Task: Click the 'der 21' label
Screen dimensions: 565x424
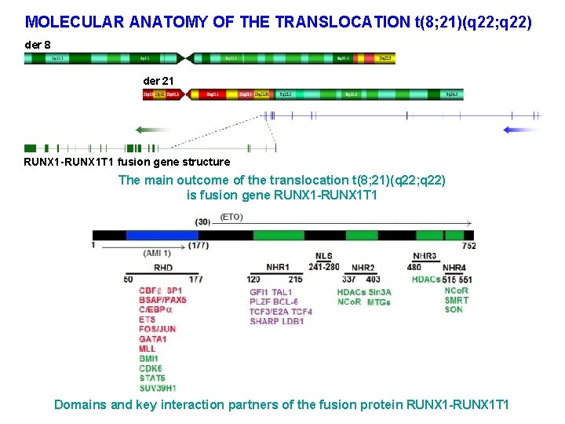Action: coord(159,81)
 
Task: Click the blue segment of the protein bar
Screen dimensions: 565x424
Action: coord(162,235)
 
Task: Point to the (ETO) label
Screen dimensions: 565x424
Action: coord(231,217)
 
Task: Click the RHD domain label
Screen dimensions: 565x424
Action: coord(163,268)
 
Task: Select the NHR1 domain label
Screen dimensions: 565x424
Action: coord(277,267)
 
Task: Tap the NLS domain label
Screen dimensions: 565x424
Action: coord(323,257)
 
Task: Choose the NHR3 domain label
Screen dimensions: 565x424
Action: coord(425,257)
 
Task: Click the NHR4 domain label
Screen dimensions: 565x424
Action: coord(454,268)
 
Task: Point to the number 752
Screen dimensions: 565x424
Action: coord(469,246)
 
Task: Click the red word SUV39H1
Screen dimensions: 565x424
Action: coord(158,388)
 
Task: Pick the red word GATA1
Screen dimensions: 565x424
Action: coord(152,339)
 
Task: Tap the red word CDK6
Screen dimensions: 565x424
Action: coord(151,368)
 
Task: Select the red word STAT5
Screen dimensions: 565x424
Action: coord(152,378)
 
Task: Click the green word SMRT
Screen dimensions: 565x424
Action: coord(456,300)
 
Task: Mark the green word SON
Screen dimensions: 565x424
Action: coord(453,309)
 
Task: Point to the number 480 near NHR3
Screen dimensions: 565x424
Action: coord(414,267)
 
